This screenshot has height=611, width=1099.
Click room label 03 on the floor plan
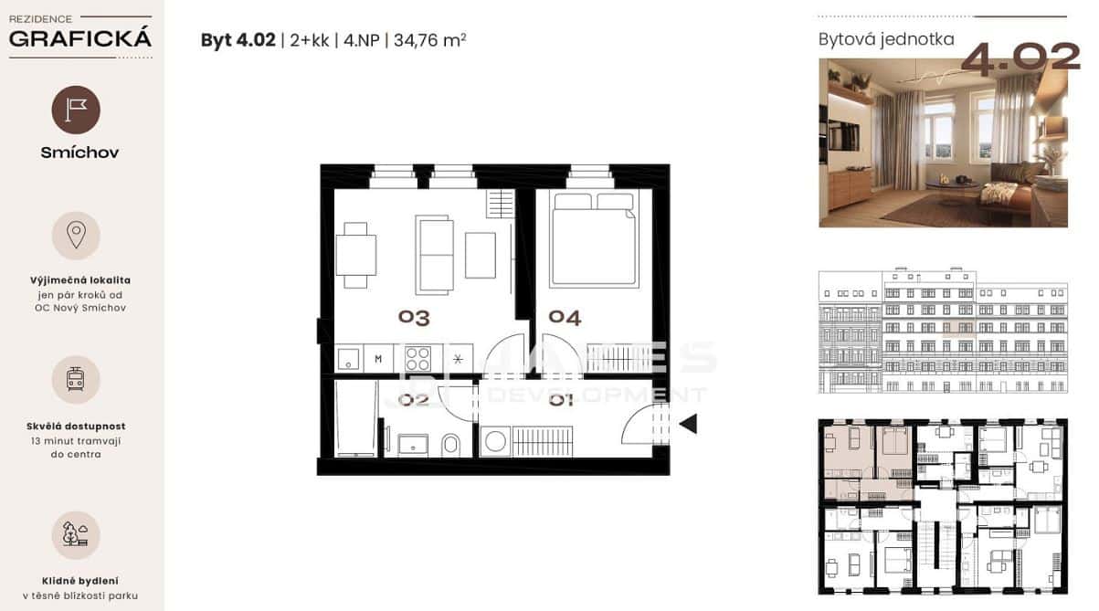(x=414, y=317)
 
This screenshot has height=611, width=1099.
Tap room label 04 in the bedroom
(x=565, y=317)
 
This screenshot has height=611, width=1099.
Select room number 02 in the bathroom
(x=413, y=400)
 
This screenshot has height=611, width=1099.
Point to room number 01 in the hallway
(x=561, y=400)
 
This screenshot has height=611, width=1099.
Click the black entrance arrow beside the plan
(x=688, y=424)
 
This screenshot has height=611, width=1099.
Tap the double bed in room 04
(x=594, y=240)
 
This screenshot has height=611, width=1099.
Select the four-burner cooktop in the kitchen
(x=418, y=358)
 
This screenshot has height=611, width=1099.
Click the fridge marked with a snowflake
(x=458, y=358)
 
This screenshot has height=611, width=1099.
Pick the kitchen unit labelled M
(x=378, y=358)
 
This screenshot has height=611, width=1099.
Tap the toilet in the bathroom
(x=450, y=444)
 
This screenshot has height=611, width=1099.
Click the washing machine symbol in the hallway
(x=495, y=441)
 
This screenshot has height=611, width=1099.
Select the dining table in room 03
(x=355, y=255)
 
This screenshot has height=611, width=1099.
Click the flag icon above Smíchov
(x=76, y=110)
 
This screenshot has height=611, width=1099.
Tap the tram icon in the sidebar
(x=76, y=380)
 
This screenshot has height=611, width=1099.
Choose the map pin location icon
(x=76, y=235)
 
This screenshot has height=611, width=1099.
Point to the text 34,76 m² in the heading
(x=429, y=40)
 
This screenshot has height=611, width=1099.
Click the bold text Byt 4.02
(x=238, y=40)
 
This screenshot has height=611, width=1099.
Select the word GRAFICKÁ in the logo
(x=80, y=38)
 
